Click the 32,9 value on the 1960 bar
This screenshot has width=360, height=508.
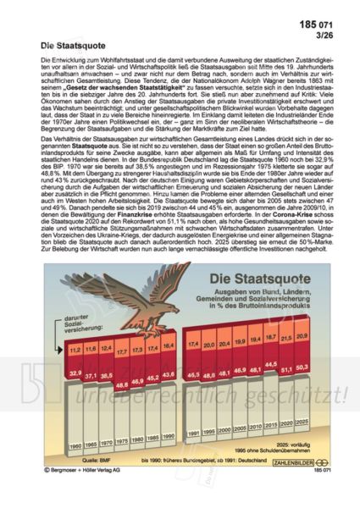[75, 373]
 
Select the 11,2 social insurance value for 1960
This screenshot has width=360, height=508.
[75, 347]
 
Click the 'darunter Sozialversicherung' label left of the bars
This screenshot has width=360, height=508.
[73, 323]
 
